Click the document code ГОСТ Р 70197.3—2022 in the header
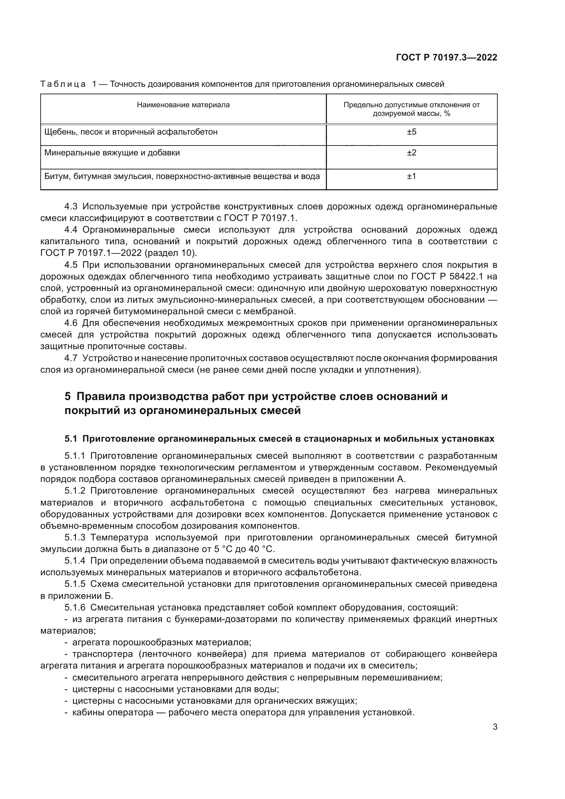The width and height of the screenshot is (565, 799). pos(446,58)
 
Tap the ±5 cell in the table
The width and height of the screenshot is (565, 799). pos(412,132)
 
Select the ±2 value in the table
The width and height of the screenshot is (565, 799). pos(412,153)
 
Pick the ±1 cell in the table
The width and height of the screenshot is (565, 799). pos(412,176)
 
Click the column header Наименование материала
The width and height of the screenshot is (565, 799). pos(183,105)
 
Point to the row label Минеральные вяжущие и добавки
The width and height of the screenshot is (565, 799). pos(112,153)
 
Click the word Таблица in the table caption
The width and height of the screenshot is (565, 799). pos(63,84)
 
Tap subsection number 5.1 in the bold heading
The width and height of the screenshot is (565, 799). pos(71,439)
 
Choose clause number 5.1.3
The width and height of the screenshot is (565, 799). pos(75,538)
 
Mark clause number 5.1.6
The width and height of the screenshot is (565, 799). pos(75,608)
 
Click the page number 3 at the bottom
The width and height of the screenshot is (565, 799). pos(495,727)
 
